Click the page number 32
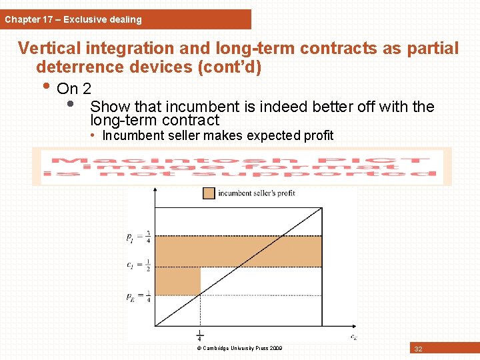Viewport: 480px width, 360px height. pyautogui.click(x=418, y=349)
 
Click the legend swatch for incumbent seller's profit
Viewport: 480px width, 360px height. pyautogui.click(x=209, y=193)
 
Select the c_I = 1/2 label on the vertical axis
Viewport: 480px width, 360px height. pyautogui.click(x=139, y=265)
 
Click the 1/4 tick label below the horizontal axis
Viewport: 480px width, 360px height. pyautogui.click(x=200, y=336)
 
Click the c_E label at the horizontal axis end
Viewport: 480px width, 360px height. pyautogui.click(x=353, y=336)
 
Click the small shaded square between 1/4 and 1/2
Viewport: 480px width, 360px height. pyautogui.click(x=177, y=281)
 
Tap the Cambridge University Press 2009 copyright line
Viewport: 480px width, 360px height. pyautogui.click(x=239, y=348)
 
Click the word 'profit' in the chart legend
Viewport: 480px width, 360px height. pyautogui.click(x=284, y=193)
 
